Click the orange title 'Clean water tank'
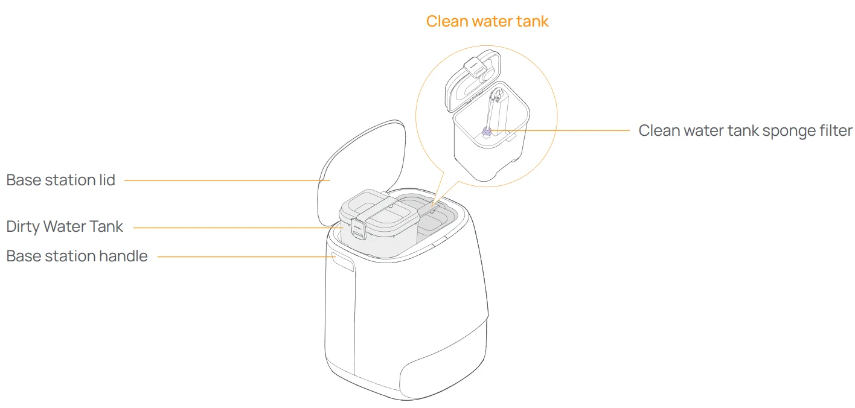click(487, 21)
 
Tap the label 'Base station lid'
click(60, 180)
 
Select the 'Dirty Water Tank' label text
click(65, 227)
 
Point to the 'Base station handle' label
click(77, 256)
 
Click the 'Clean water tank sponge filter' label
click(745, 130)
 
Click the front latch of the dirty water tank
click(357, 229)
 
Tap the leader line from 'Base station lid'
click(223, 180)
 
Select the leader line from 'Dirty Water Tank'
click(235, 228)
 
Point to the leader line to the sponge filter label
click(568, 130)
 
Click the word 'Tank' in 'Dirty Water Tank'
click(108, 227)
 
